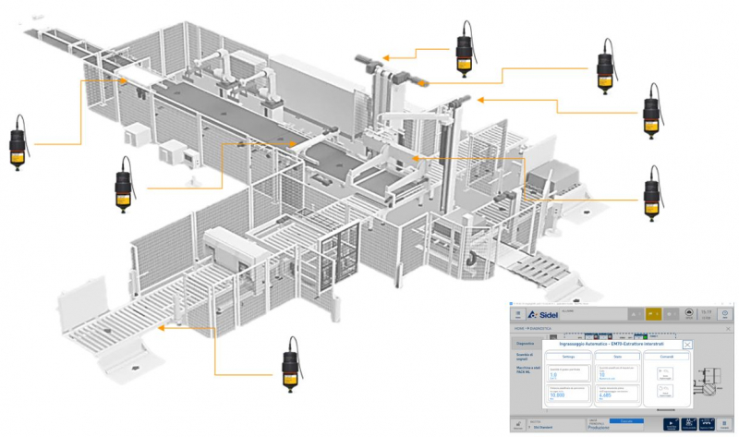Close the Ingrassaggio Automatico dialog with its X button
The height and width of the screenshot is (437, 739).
pos(686,345)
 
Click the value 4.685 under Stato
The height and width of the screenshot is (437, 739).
pos(607,395)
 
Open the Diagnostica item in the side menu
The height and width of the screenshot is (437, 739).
pos(525,343)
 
